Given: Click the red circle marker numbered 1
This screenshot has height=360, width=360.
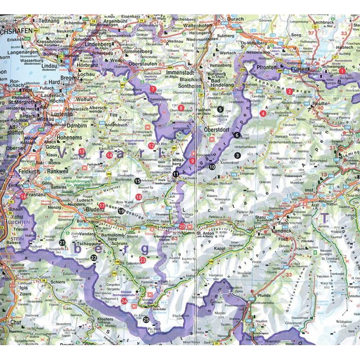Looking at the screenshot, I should (x=342, y=71).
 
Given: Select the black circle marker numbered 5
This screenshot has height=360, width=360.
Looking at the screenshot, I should (x=220, y=109).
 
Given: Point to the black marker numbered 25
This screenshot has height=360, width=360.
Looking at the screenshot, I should (x=146, y=320).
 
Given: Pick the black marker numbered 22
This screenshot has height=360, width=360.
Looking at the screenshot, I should (x=94, y=257).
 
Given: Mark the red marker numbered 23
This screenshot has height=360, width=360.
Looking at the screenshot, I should (x=143, y=260).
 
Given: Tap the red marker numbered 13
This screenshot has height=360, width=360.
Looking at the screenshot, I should (x=81, y=151).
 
